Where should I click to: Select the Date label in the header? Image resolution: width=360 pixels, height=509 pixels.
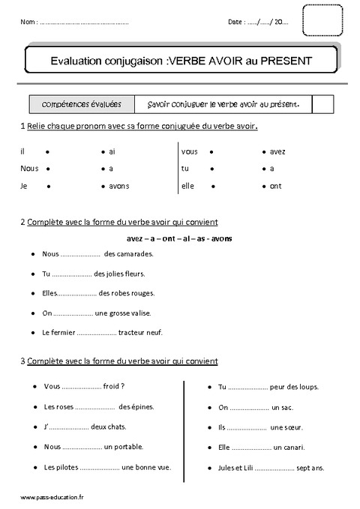tap(235, 23)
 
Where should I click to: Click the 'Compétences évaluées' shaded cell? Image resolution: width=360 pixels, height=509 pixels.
tap(83, 104)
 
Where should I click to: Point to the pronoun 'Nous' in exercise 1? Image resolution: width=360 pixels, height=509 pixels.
tap(29, 168)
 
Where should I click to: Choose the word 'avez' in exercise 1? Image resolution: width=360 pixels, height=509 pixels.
tap(277, 151)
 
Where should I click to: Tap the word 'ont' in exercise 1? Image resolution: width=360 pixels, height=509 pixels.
tap(275, 185)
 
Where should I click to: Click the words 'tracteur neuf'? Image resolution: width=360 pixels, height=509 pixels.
tap(141, 331)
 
